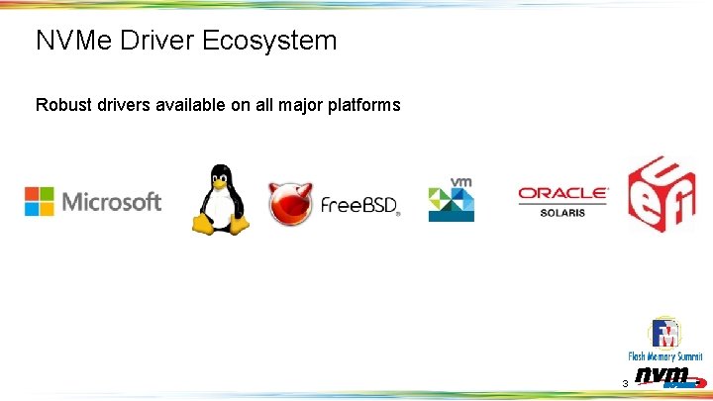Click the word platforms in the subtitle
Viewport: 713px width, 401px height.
tap(362, 104)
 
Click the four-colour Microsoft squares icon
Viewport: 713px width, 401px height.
tap(40, 201)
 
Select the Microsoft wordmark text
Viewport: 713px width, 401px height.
tap(111, 202)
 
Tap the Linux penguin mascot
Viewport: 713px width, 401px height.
tap(218, 200)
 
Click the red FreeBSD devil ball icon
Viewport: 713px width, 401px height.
tap(291, 203)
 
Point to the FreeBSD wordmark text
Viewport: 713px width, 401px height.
tap(358, 206)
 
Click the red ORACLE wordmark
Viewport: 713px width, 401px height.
tap(563, 194)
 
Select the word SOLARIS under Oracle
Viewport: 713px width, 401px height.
tap(563, 212)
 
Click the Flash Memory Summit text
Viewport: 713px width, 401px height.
tap(664, 356)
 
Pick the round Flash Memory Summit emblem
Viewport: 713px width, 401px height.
tap(664, 334)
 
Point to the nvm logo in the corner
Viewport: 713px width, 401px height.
tap(663, 377)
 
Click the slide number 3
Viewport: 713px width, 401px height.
tap(624, 383)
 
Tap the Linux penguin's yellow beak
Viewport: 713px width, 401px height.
tap(217, 183)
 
